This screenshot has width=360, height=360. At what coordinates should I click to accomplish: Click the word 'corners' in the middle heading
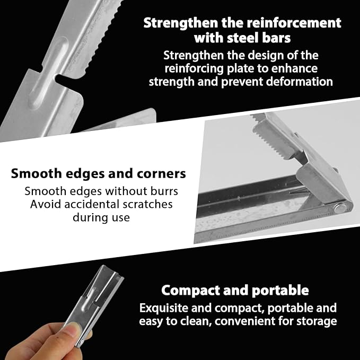pyautogui.click(x=161, y=174)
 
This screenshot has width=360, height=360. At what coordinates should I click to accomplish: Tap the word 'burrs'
pyautogui.click(x=164, y=191)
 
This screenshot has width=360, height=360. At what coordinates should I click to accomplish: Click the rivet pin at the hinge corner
pyautogui.click(x=340, y=208)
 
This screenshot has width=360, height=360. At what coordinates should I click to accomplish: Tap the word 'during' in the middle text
pyautogui.click(x=90, y=217)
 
